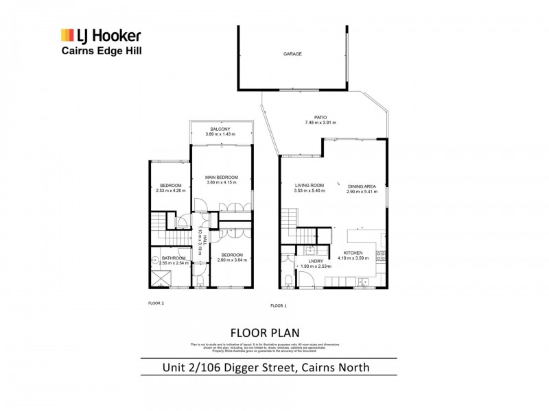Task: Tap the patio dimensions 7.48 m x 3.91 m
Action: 320,123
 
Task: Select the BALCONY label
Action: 220,129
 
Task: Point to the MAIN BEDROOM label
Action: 221,177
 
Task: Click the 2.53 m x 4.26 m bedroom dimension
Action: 170,191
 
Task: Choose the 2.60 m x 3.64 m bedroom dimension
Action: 226,260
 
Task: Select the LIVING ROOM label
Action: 309,186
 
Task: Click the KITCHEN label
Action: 353,253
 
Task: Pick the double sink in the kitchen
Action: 362,282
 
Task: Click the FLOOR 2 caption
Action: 156,302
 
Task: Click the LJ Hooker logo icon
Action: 68,35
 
